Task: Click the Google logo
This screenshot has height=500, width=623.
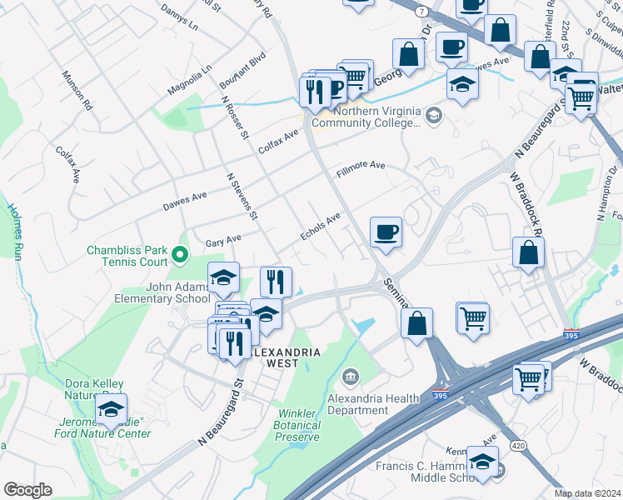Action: tap(27, 490)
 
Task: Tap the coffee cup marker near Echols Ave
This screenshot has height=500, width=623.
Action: tap(386, 232)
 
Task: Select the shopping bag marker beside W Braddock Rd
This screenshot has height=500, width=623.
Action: tap(528, 252)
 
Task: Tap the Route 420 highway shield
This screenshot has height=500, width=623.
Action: tap(518, 446)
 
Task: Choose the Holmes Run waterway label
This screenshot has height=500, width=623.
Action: tap(14, 232)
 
